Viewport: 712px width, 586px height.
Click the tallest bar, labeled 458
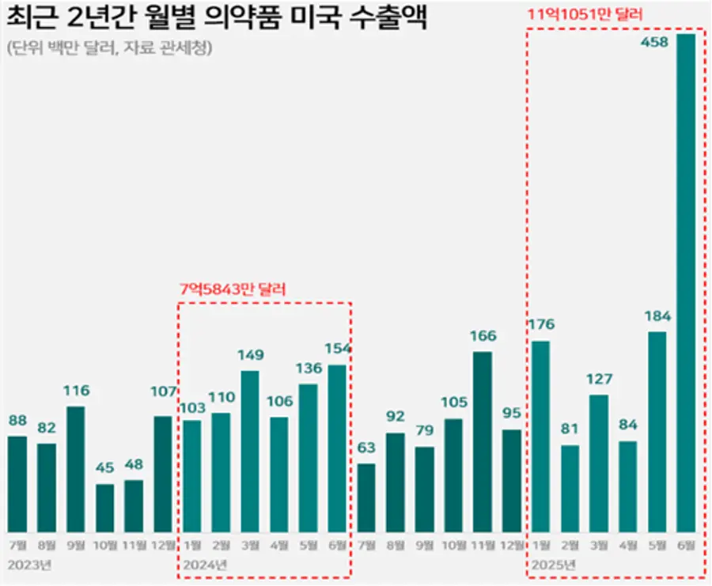click(x=686, y=283)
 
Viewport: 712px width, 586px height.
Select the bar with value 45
click(x=104, y=508)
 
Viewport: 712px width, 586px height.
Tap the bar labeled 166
click(x=483, y=441)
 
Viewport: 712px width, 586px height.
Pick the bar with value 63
click(x=366, y=498)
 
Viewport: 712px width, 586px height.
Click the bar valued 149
click(x=250, y=452)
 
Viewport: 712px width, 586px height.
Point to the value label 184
click(x=657, y=316)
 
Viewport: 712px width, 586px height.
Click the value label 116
click(x=76, y=391)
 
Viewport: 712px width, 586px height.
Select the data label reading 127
click(x=600, y=379)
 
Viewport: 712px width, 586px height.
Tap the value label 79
click(x=425, y=430)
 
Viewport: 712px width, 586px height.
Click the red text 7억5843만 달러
click(x=233, y=289)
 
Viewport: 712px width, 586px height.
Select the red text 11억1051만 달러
click(x=585, y=14)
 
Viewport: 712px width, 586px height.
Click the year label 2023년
click(x=29, y=565)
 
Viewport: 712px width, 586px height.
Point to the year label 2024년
click(x=205, y=565)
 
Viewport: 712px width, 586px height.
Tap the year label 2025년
click(x=554, y=565)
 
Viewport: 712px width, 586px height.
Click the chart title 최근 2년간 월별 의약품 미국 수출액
click(x=217, y=17)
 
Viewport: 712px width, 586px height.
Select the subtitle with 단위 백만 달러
click(x=109, y=47)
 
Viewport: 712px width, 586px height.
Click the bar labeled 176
click(x=540, y=437)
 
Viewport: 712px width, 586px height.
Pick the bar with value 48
click(x=134, y=506)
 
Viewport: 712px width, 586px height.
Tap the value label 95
click(x=512, y=413)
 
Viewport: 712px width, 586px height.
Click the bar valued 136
click(x=309, y=458)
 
